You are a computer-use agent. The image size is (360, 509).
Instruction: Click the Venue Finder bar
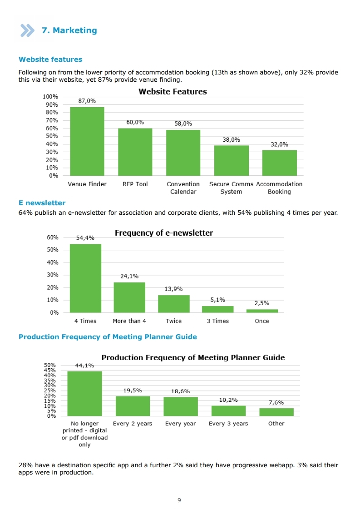(87, 141)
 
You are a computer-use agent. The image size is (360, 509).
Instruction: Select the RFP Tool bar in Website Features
(135, 152)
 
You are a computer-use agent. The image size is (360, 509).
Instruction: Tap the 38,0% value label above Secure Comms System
(231, 139)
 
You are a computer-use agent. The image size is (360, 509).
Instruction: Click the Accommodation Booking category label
(279, 188)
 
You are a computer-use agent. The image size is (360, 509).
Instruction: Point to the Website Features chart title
(173, 92)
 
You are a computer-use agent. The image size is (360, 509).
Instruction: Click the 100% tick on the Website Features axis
(50, 96)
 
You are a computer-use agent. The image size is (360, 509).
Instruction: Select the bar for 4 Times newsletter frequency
(85, 278)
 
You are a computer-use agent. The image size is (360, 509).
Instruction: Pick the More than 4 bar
(129, 297)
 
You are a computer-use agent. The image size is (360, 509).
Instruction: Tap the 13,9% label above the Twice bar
(173, 289)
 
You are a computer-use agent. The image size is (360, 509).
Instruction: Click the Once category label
(262, 321)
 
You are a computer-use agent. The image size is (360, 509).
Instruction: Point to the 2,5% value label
(261, 303)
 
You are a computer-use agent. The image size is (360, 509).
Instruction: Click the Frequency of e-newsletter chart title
(164, 233)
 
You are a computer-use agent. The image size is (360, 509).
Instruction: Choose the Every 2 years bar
(133, 406)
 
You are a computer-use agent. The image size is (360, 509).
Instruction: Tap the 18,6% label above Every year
(181, 391)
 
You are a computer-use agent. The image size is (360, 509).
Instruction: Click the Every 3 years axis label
(228, 424)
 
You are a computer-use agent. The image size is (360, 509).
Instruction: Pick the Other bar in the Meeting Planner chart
(276, 412)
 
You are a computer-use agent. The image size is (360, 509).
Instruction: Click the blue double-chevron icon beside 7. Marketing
(27, 30)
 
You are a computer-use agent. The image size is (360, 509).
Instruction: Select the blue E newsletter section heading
(42, 203)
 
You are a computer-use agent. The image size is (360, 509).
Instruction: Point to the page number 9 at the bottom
(179, 500)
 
